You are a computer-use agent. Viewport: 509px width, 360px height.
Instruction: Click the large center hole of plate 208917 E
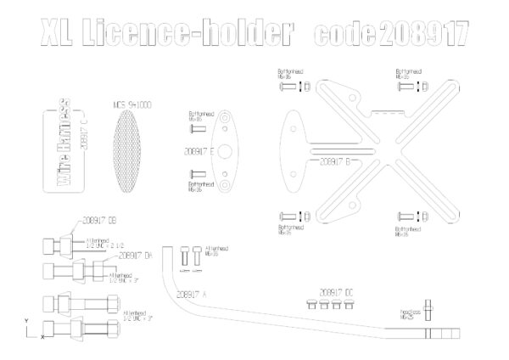point(227,151)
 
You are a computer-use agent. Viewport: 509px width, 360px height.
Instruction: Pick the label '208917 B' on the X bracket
point(337,160)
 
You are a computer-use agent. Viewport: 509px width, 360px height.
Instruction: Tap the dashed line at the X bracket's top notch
point(386,112)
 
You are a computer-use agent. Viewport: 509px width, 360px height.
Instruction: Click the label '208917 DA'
point(135,253)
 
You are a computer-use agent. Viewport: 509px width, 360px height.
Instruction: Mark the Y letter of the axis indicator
point(26,321)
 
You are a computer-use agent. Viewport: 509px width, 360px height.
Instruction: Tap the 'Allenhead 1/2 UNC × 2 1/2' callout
point(101,243)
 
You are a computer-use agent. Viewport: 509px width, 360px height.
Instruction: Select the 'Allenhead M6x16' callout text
point(220,251)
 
